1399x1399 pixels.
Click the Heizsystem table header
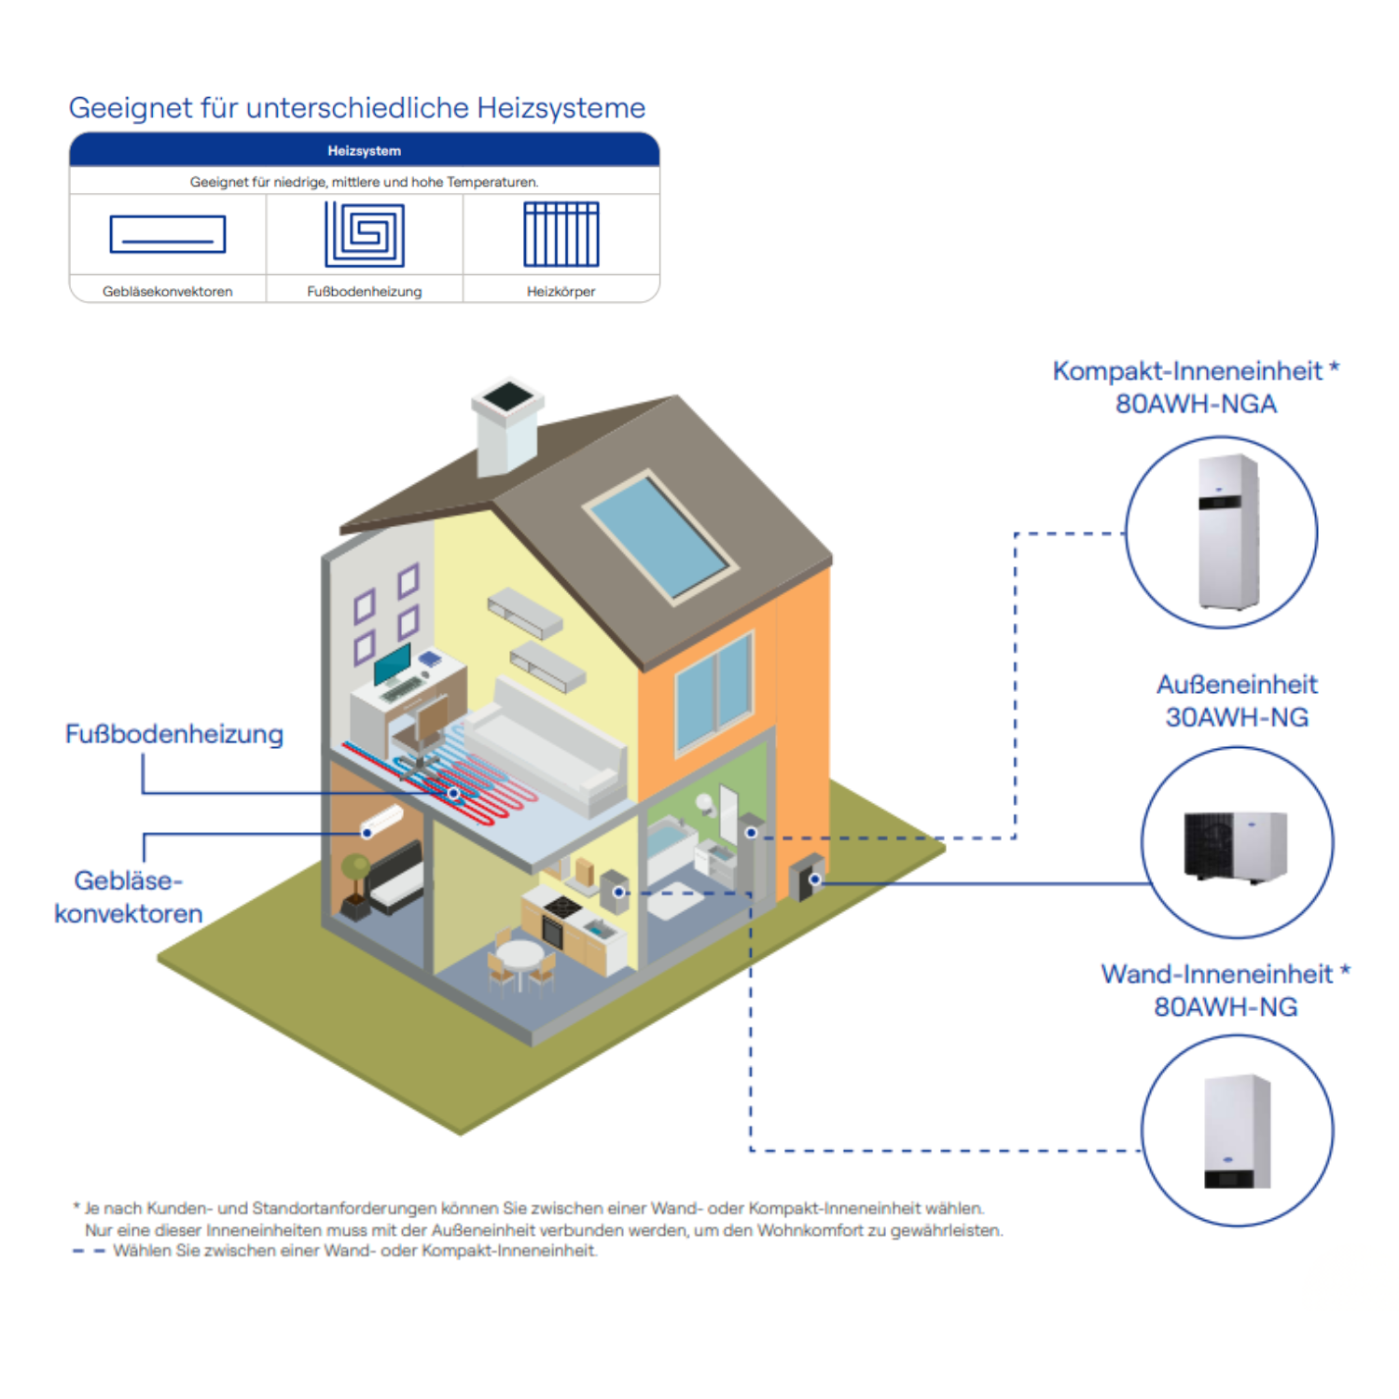pos(364,150)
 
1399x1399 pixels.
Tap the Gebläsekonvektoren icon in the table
pos(168,234)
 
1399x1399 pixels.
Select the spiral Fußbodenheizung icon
pos(364,234)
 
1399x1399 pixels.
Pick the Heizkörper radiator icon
pos(561,234)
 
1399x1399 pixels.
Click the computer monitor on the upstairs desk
pos(393,663)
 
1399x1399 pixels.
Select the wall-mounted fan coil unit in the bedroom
pos(382,821)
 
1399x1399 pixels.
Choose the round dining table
pos(519,955)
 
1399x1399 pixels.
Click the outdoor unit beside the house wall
pos(807,877)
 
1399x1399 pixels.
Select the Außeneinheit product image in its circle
pos(1236,845)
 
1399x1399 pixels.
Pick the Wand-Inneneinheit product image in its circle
pos(1237,1130)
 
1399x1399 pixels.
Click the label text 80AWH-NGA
pos(1196,404)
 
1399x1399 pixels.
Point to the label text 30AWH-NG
pos(1237,717)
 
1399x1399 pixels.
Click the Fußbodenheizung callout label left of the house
pos(174,734)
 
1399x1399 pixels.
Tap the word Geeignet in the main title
pos(130,108)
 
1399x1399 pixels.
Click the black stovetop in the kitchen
pos(563,905)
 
